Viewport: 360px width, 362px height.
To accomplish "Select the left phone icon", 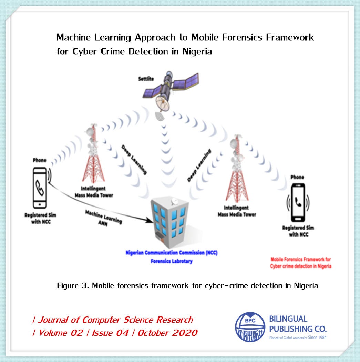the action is [40, 188].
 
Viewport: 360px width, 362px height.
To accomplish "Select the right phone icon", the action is [298, 202].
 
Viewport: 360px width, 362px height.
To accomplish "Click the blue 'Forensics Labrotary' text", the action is [171, 261].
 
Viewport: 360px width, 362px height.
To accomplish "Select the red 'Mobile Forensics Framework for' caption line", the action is [301, 259].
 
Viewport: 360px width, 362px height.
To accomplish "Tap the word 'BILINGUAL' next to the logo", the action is [288, 319].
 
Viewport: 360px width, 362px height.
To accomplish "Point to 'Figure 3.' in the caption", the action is [71, 286].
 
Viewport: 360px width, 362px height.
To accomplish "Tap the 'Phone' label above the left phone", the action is [40, 160].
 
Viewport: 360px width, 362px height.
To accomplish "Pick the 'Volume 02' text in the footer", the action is [61, 333].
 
